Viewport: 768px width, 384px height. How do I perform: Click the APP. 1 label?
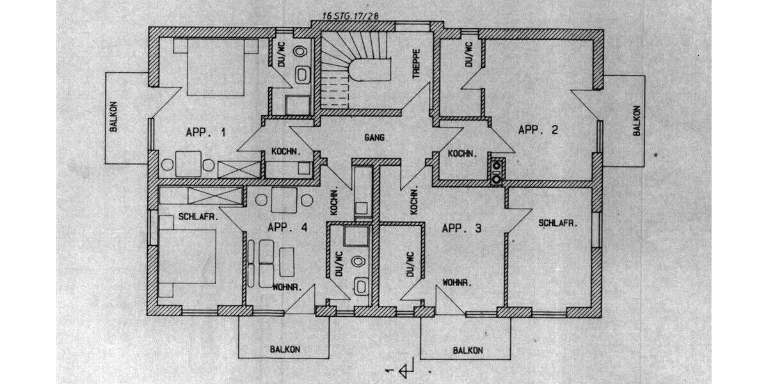coord(205,133)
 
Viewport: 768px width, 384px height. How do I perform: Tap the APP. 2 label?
coord(538,130)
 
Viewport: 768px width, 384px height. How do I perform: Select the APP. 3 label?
coord(461,228)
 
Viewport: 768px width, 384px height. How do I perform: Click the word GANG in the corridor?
coord(374,138)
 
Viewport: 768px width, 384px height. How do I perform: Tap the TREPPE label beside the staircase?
coord(417,63)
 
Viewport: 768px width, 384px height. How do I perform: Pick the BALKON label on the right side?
coord(637,120)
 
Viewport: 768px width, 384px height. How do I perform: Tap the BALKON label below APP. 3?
coord(467,350)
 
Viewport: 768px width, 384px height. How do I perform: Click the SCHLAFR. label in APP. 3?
coord(558,223)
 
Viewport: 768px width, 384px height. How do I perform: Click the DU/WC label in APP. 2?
coord(468,54)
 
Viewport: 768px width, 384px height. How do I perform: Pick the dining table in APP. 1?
coord(188,164)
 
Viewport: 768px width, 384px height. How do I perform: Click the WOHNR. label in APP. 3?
coord(457,282)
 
